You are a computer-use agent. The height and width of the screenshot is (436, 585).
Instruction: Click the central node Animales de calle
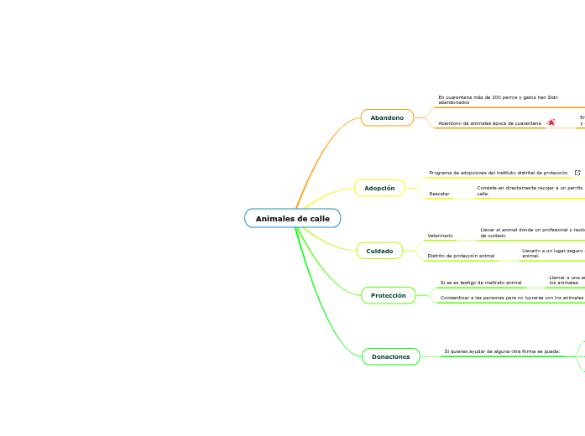tap(292, 219)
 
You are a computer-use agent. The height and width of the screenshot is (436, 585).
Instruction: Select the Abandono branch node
tap(387, 118)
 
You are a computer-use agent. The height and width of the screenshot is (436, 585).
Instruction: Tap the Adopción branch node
tap(379, 189)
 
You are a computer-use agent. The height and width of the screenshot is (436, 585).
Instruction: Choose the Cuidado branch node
tap(379, 251)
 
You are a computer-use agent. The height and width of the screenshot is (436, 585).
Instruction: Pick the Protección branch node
tap(388, 295)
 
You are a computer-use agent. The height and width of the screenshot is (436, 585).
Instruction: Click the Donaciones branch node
tap(390, 357)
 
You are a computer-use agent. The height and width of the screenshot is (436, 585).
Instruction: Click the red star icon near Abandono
tap(551, 122)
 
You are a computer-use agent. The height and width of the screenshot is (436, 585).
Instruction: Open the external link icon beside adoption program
tap(577, 173)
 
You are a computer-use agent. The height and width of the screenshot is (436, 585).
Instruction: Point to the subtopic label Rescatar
tap(439, 194)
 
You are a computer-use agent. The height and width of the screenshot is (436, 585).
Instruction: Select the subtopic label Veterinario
tap(440, 236)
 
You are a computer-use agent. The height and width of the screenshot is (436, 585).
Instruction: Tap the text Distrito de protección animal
tap(461, 256)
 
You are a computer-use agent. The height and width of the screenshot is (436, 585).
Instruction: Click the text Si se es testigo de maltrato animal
tap(480, 283)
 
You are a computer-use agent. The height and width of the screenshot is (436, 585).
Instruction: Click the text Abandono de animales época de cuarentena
tap(489, 123)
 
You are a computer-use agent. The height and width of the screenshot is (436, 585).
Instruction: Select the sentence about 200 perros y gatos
tap(498, 100)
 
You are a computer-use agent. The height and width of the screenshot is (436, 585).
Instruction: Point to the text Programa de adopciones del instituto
tap(498, 173)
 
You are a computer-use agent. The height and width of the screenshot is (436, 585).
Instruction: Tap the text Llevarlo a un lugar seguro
tap(552, 252)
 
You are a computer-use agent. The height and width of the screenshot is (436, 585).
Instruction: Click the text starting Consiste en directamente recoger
tap(530, 190)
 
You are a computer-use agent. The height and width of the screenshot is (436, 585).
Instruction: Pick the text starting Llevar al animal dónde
tap(531, 232)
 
